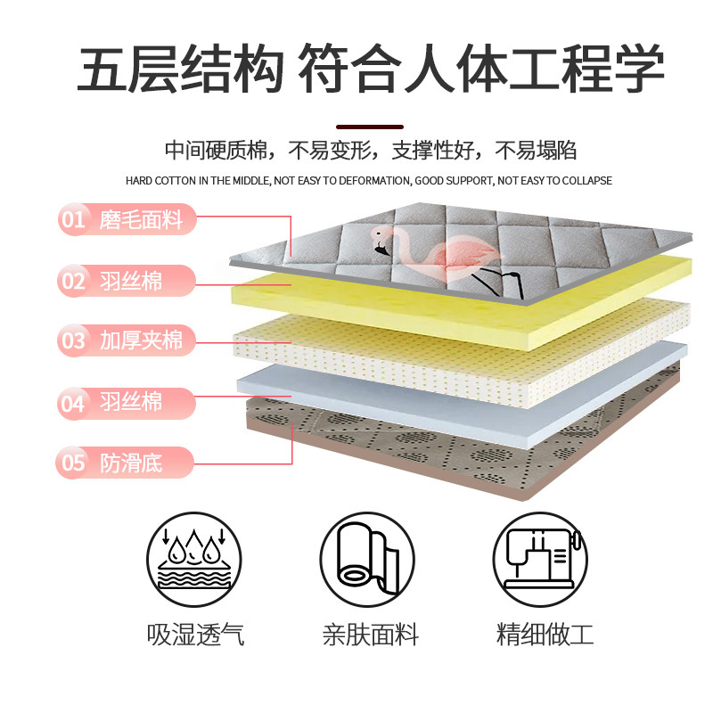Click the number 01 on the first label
(73, 219)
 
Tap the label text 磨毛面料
(141, 219)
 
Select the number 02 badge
(73, 281)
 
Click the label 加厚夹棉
(141, 340)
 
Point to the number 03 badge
(73, 340)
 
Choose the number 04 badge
(73, 402)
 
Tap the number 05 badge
(73, 462)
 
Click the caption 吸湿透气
(195, 635)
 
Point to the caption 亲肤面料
(370, 635)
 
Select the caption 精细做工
(545, 635)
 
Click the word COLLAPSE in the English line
(585, 181)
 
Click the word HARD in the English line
(140, 181)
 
